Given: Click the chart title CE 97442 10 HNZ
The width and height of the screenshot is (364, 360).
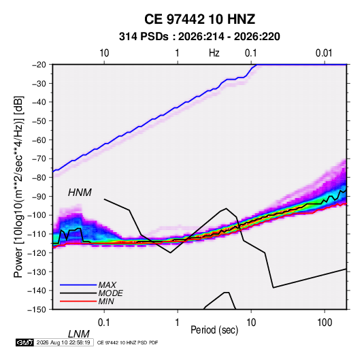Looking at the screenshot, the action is (199, 19).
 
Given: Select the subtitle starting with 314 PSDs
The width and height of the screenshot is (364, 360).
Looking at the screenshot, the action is (199, 37).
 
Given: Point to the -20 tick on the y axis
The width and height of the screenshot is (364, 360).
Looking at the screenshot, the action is (39, 65).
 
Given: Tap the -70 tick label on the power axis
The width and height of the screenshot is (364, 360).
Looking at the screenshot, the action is (39, 159).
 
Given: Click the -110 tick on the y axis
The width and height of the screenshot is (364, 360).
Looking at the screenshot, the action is (37, 234).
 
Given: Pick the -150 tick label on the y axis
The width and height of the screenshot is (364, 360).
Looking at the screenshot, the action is (37, 310).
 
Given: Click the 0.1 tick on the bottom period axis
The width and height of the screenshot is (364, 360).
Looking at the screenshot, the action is (103, 323).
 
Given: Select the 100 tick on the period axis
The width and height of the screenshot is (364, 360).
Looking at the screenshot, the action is (325, 323).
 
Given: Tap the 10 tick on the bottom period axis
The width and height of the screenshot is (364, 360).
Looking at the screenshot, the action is (251, 323).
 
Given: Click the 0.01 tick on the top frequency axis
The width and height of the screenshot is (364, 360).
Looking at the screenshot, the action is (324, 53).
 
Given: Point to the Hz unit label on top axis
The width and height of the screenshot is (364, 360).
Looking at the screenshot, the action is (214, 53).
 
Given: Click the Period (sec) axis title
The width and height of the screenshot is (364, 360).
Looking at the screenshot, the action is (214, 330).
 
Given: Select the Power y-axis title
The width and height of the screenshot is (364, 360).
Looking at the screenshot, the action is (18, 186).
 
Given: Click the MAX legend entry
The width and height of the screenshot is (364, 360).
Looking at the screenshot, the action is (107, 284).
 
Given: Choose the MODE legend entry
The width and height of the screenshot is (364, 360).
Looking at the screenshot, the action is (110, 293).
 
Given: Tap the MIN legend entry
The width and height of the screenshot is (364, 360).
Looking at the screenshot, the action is (106, 301).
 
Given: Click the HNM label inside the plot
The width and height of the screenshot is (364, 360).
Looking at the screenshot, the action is (80, 193).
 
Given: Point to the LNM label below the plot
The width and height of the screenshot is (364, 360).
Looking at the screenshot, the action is (78, 334).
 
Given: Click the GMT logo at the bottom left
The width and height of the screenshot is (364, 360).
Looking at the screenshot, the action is (25, 342).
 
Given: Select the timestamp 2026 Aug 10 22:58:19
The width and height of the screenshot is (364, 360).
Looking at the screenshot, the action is (63, 342).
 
